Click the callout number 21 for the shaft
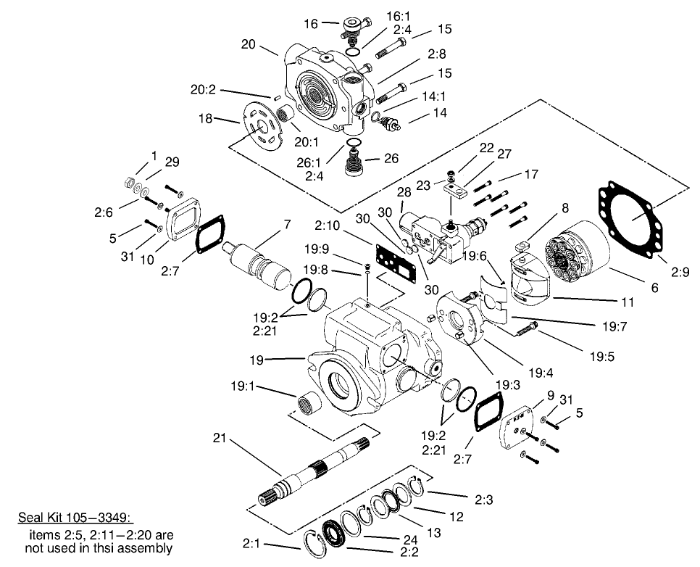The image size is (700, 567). coord(222,438)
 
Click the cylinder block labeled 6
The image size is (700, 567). coord(579,254)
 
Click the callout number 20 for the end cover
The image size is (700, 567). coord(249,44)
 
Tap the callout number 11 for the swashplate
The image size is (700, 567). coord(628,302)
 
